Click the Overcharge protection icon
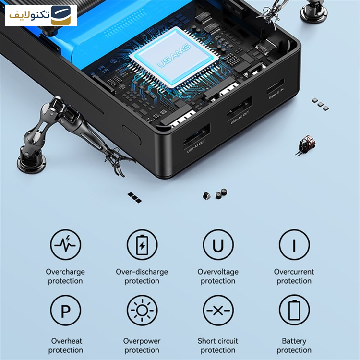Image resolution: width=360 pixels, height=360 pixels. pyautogui.click(x=65, y=244)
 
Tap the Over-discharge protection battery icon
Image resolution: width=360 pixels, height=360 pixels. pyautogui.click(x=142, y=244)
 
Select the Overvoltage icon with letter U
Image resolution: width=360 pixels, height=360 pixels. pyautogui.click(x=218, y=244)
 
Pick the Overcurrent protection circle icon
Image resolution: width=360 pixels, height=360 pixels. pyautogui.click(x=294, y=244)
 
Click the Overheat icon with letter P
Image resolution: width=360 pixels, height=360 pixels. pyautogui.click(x=65, y=311)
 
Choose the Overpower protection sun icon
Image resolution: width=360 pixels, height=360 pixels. pyautogui.click(x=142, y=311)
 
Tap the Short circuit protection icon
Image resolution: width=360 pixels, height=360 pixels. pyautogui.click(x=218, y=311)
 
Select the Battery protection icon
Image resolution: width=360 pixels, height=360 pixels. pyautogui.click(x=294, y=311)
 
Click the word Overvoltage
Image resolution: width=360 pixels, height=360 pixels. pyautogui.click(x=218, y=272)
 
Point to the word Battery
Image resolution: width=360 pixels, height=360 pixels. pyautogui.click(x=294, y=341)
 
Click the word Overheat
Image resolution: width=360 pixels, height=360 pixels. pyautogui.click(x=66, y=341)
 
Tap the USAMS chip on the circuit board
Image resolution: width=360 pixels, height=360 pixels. pyautogui.click(x=174, y=58)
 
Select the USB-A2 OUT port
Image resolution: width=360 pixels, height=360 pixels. pyautogui.click(x=240, y=107)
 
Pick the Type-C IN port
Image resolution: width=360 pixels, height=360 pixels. pyautogui.click(x=276, y=86)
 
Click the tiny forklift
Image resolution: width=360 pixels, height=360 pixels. pyautogui.click(x=306, y=145)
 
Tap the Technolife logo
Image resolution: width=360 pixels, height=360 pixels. pyautogui.click(x=41, y=15)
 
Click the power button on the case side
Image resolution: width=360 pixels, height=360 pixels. pyautogui.click(x=132, y=135)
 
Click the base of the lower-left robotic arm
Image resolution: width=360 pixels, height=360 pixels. pyautogui.click(x=31, y=161)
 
